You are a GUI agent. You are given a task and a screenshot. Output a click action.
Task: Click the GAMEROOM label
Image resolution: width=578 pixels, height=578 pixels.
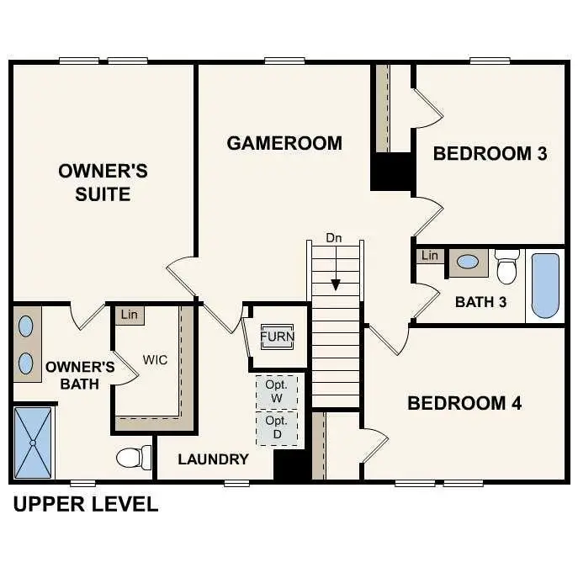coord(284,143)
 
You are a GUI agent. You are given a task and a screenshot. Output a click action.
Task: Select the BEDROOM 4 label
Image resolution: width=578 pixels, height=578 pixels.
coord(464,403)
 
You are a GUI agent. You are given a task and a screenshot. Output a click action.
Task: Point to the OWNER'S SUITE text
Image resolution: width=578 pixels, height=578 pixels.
coord(103,183)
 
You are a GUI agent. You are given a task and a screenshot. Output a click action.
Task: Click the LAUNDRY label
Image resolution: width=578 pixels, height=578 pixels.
coord(213,459)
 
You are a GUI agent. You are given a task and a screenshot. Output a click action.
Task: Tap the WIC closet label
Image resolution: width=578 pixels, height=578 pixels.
coord(155,360)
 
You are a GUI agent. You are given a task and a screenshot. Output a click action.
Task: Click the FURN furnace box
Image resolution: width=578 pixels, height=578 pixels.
coord(276,337)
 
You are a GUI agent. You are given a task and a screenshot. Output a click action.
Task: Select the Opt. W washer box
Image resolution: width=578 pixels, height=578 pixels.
coord(276,390)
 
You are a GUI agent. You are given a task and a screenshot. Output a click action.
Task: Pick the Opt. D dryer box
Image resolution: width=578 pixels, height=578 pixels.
coord(276,427)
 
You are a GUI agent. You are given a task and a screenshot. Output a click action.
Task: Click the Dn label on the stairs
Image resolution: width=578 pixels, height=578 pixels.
coord(335,239)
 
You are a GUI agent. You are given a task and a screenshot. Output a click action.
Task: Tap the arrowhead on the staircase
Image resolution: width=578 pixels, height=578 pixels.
coord(336,284)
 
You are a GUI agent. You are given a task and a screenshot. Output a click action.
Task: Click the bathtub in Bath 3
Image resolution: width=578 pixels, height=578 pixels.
coord(545,285)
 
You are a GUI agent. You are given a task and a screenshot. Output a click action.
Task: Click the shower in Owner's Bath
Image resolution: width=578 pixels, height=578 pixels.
coord(33,442)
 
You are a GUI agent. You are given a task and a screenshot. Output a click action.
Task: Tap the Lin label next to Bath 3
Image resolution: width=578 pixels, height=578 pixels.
coord(430,256)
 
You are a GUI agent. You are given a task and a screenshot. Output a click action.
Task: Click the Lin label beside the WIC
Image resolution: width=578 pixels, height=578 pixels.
coord(129,315)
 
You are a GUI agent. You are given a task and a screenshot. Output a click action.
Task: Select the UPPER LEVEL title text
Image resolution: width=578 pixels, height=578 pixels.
coord(85,505)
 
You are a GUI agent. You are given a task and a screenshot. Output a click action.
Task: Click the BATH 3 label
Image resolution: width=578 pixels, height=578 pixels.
coord(480,302)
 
